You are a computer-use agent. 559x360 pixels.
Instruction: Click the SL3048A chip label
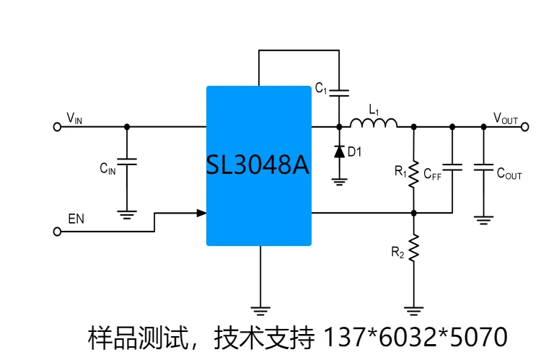258,166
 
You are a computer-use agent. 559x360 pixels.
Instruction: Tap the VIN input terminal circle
57,126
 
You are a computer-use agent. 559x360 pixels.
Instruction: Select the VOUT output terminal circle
524,126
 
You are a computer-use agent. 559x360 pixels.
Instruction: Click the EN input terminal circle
57,232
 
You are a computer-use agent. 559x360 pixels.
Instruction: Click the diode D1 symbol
339,152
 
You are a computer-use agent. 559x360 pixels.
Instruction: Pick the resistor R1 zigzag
414,173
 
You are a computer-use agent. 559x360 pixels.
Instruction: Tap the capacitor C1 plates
339,92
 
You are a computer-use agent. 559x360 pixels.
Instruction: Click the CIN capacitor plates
127,162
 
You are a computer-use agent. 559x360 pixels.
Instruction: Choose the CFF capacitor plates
452,167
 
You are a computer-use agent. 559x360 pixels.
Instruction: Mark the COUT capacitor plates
483,167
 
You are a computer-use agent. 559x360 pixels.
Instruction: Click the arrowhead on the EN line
201,213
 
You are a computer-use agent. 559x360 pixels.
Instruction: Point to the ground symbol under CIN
127,213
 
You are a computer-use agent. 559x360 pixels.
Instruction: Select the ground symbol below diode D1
339,181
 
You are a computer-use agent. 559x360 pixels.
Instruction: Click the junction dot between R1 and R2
414,213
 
